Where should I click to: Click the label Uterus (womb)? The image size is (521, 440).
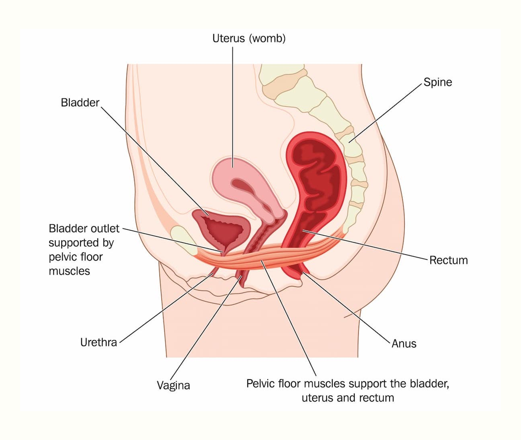249,38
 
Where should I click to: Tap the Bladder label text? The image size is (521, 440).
80,103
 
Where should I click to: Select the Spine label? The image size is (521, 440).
438,82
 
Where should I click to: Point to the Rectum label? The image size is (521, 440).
448,260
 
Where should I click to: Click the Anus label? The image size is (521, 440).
404,343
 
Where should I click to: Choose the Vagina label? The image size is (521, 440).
174,386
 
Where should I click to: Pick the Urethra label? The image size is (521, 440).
99,342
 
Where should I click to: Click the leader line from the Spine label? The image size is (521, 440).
385,113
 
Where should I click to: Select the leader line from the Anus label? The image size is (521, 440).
346,308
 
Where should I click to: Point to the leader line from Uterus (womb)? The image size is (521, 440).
232,107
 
